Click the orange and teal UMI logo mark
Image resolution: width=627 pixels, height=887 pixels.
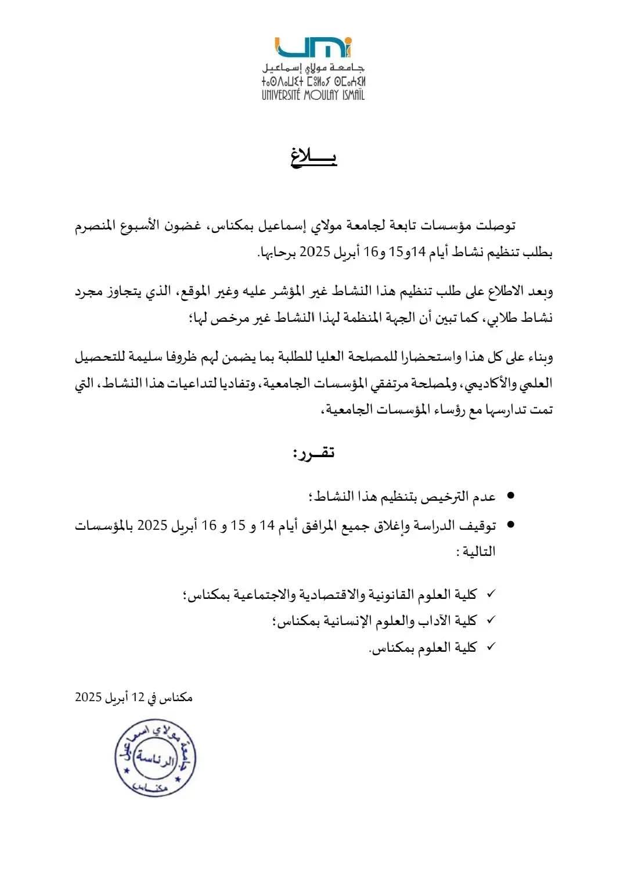(x=313, y=47)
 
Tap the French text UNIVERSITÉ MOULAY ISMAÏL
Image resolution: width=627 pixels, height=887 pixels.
(x=313, y=94)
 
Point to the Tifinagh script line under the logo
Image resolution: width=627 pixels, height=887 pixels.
(x=313, y=80)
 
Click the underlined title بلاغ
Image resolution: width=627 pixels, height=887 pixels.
(x=313, y=157)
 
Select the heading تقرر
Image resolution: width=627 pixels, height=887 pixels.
(x=313, y=453)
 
